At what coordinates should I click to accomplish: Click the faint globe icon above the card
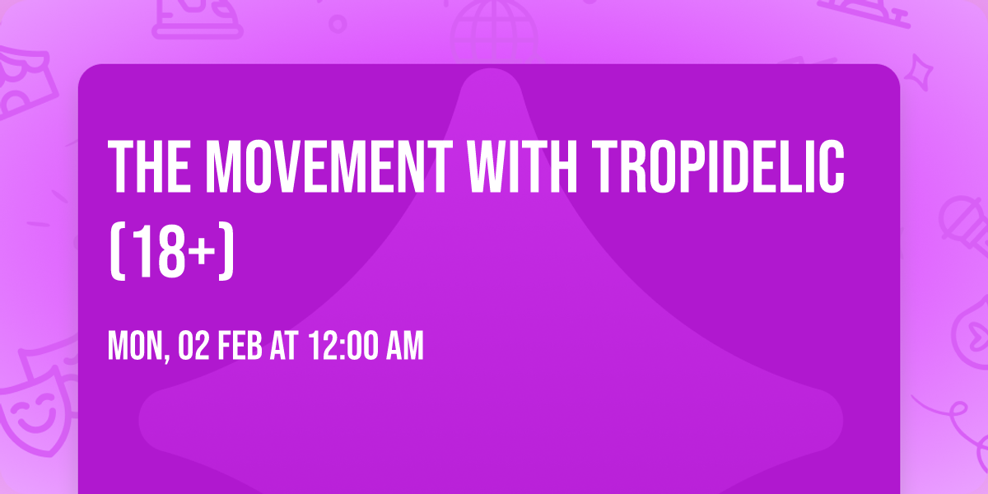coord(494,25)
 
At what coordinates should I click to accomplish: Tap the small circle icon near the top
coord(338,23)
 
